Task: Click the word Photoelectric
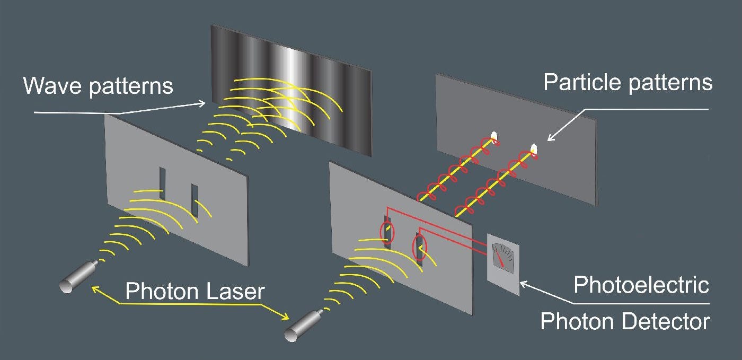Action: pos(641,285)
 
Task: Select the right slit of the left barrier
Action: pos(195,200)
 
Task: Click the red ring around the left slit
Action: pos(387,232)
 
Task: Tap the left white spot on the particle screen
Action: pos(494,137)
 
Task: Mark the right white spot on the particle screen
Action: pos(534,150)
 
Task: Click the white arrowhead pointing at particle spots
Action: pos(550,138)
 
